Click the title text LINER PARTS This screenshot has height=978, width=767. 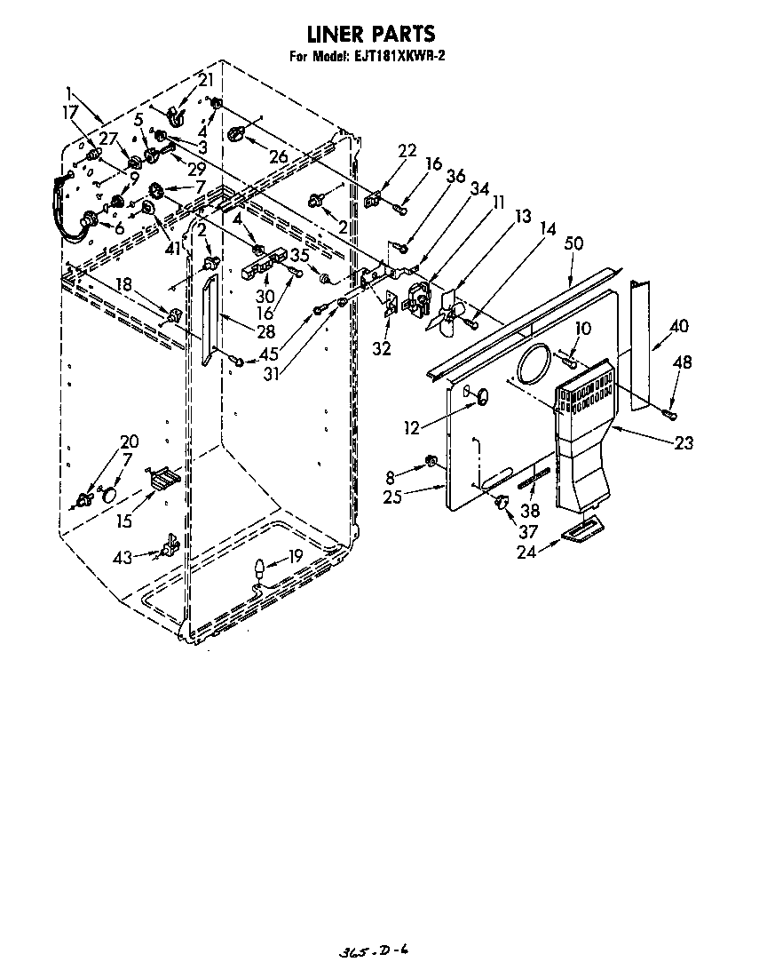point(370,35)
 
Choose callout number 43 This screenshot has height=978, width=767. point(123,557)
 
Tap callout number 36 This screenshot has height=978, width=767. point(455,176)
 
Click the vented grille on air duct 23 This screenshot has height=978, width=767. point(583,389)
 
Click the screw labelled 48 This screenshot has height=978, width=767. point(671,412)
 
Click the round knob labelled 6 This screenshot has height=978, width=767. point(90,219)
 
